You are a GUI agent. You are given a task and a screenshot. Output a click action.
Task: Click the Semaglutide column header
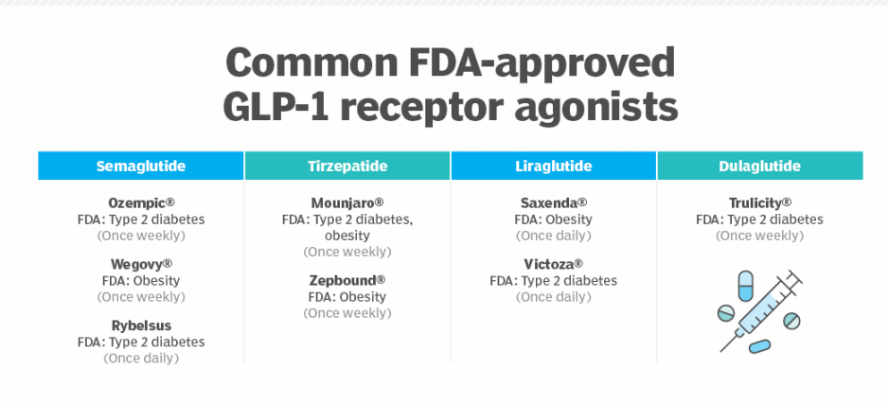141,166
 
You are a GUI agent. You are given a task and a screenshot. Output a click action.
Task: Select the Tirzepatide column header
347,166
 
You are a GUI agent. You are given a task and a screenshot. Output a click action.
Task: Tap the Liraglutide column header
553,166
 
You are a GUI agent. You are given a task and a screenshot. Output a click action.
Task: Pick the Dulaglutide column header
760,166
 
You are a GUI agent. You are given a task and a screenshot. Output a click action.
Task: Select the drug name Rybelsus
141,325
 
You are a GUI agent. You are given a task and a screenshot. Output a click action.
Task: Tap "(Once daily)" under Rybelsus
141,359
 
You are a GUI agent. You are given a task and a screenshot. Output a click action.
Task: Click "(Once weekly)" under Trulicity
759,236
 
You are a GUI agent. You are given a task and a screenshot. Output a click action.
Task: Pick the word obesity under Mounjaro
347,236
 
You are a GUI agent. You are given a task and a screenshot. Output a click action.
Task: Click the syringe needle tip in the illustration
721,351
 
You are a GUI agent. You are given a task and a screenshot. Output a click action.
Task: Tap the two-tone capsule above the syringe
746,286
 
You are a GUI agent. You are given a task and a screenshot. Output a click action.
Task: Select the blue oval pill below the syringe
759,346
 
